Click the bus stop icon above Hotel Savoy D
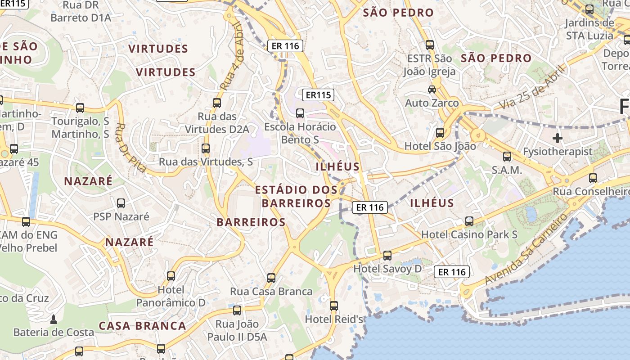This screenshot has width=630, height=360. click(387, 256)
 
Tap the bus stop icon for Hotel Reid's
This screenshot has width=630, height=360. click(333, 306)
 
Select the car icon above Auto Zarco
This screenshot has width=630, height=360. click(432, 89)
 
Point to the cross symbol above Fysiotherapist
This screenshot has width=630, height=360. click(558, 138)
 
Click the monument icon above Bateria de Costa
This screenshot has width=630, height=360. click(54, 319)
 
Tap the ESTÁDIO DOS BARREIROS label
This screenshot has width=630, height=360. click(296, 197)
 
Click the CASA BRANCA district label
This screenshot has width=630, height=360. click(142, 326)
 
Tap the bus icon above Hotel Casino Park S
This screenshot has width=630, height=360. click(469, 221)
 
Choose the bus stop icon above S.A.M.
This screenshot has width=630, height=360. click(507, 157)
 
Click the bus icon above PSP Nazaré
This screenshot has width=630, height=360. click(121, 203)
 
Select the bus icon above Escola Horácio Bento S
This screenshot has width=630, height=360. click(300, 113)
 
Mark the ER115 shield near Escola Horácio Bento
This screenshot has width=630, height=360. click(319, 95)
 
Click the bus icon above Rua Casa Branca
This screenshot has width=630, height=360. click(271, 278)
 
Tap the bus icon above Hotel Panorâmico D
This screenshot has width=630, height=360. click(171, 276)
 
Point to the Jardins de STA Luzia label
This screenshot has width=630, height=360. click(589, 29)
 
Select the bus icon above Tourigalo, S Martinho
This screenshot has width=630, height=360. click(80, 108)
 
